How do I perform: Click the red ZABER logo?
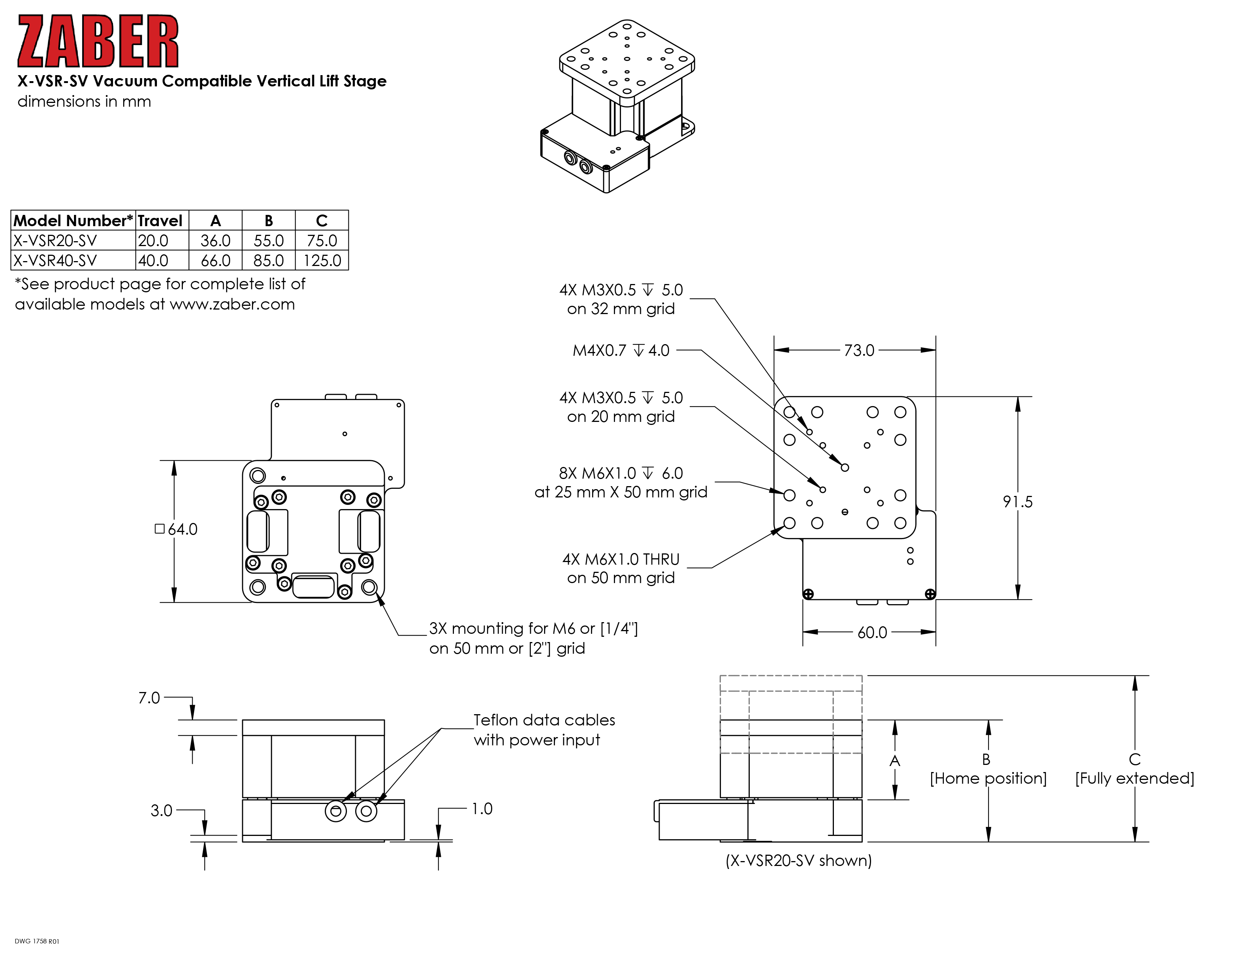pyautogui.click(x=98, y=41)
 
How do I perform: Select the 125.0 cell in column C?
pyautogui.click(x=322, y=260)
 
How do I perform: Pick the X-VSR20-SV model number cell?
pyautogui.click(x=55, y=241)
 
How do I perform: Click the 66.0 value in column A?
pyautogui.click(x=216, y=260)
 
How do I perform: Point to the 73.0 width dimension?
pyautogui.click(x=859, y=350)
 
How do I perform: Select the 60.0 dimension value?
pyautogui.click(x=872, y=632)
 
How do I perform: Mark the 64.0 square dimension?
pyautogui.click(x=176, y=529)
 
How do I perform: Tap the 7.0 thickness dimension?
pyautogui.click(x=149, y=698)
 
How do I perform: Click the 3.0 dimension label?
pyautogui.click(x=161, y=810)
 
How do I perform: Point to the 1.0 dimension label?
pyautogui.click(x=482, y=809)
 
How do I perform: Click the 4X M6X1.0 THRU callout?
pyautogui.click(x=621, y=568)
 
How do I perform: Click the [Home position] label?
pyautogui.click(x=988, y=778)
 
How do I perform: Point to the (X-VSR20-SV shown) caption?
pyautogui.click(x=799, y=860)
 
